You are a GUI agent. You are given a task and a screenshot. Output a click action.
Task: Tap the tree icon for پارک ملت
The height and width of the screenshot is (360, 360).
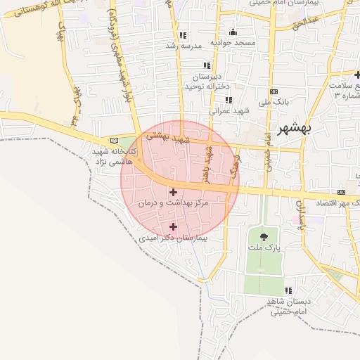pos(264,237)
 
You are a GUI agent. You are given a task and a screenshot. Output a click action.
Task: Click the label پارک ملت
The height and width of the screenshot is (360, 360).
pos(264,249)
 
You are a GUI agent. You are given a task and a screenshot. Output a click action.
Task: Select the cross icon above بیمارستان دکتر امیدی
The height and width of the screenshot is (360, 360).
pos(173,226)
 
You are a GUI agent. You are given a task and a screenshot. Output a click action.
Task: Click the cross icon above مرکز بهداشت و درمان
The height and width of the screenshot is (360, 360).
pos(173,191)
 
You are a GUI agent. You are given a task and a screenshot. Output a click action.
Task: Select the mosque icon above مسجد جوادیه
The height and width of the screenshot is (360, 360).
pos(233,32)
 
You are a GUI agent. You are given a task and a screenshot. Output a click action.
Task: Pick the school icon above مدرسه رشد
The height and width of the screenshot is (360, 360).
pos(183,35)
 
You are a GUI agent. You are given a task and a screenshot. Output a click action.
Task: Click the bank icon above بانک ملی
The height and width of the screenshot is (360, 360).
pos(274,91)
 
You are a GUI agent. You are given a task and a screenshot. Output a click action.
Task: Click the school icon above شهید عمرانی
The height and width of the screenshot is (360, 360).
pos(229,100)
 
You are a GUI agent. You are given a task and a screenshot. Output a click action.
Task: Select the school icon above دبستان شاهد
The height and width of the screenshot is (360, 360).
pos(288,290)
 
